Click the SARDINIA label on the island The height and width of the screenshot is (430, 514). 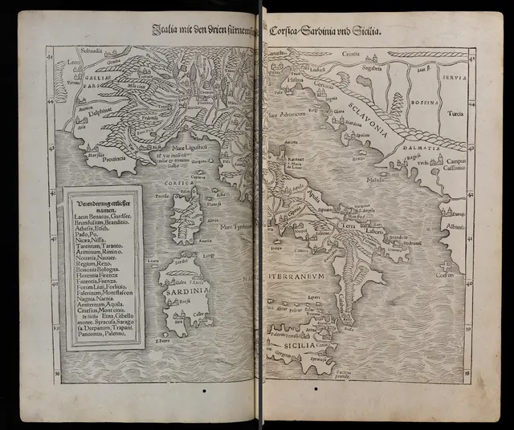point(182,290)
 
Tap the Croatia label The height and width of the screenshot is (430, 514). point(350,55)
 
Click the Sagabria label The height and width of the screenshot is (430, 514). point(372,70)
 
